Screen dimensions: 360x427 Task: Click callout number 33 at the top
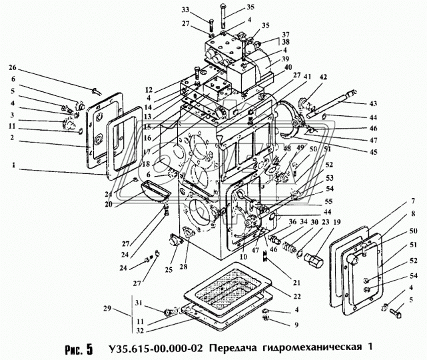pyautogui.click(x=203, y=9)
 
